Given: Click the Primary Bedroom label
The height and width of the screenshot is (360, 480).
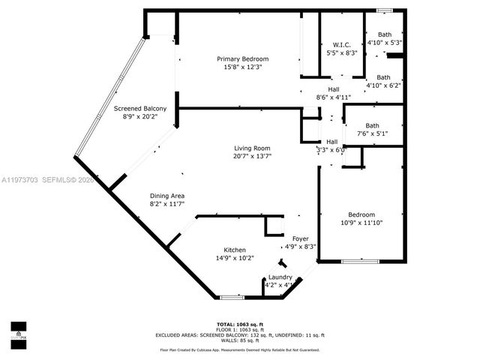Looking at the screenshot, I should (x=242, y=59).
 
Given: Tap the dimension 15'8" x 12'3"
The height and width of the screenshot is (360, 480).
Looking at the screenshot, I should (x=242, y=67).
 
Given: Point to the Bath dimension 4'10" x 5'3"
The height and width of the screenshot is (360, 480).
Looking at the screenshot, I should (x=384, y=43).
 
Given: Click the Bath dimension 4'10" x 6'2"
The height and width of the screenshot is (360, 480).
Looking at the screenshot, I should (x=383, y=85).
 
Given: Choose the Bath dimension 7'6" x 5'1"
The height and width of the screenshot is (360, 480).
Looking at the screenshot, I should (x=373, y=133).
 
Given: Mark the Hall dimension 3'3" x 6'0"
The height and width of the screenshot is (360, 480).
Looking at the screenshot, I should (x=331, y=150).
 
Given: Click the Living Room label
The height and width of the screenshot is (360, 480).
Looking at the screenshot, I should (x=251, y=148).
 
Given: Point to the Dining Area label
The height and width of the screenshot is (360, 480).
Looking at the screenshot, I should (x=166, y=195).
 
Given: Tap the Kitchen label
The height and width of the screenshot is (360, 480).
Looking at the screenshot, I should (x=234, y=250).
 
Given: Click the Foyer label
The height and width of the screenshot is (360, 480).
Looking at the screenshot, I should (x=300, y=238).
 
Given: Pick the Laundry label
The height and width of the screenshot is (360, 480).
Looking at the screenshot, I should (x=280, y=277).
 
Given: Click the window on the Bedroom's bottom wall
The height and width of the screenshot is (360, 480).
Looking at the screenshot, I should (x=358, y=261).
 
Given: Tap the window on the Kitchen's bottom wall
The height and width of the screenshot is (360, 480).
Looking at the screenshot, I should (x=232, y=298).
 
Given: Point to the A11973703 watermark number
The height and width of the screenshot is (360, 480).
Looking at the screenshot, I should (x=20, y=180).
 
